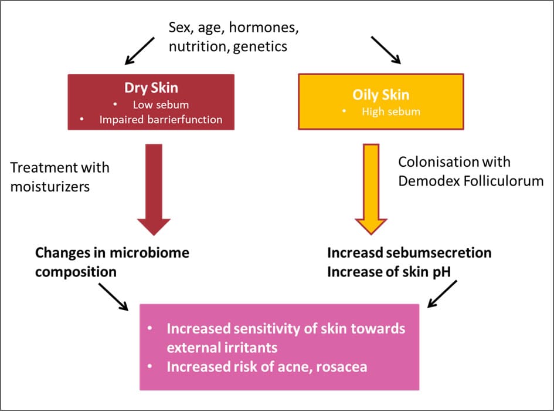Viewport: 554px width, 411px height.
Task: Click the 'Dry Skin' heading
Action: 151,88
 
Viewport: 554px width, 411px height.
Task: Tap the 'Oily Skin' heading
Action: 380,95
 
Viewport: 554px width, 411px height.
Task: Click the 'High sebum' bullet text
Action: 390,111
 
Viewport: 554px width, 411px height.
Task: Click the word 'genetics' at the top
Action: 260,46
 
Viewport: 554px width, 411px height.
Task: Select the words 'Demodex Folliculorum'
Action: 471,181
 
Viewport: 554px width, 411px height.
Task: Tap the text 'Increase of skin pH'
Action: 385,272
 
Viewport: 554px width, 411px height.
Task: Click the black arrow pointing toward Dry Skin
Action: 140,50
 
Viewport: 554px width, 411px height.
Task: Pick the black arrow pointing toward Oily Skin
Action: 385,49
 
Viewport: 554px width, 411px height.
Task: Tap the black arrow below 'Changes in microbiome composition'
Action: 113,297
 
